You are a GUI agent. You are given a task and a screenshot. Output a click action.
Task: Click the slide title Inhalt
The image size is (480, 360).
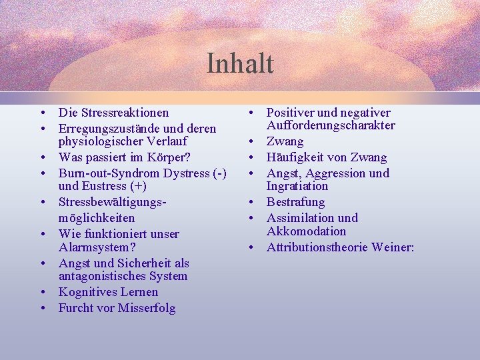tap(240, 64)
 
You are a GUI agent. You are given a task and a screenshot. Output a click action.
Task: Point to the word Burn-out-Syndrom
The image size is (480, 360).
tap(105, 173)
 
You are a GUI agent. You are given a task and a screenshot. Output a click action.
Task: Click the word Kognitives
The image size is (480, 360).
tap(85, 292)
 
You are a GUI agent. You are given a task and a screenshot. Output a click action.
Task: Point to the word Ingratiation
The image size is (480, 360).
tap(297, 187)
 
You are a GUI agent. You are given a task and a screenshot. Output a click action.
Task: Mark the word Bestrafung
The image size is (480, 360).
tap(295, 202)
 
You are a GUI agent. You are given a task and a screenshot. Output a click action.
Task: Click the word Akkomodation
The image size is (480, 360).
tap(307, 231)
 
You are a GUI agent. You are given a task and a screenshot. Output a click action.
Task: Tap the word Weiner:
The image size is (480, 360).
tap(393, 247)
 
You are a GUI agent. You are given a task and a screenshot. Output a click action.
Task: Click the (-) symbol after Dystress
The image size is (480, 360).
tap(218, 173)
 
